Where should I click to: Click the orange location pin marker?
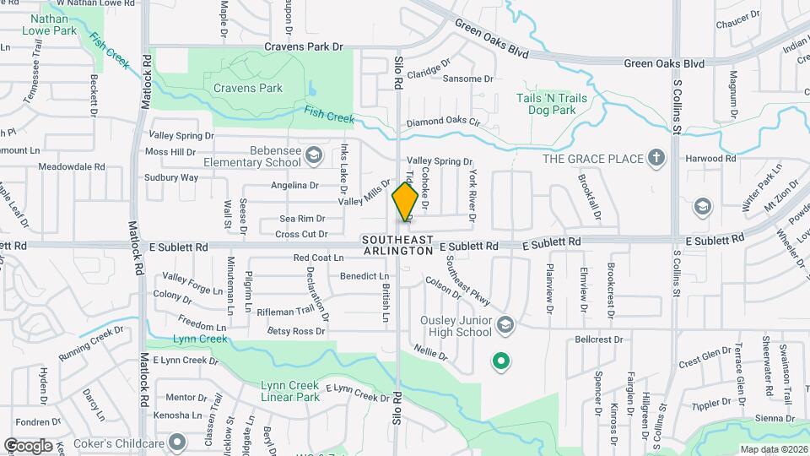(405, 203)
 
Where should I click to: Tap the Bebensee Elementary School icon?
(314, 155)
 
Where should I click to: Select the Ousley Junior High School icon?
(505, 325)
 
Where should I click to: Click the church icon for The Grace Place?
(656, 158)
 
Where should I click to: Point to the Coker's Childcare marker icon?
(176, 442)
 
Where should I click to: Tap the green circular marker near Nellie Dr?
(500, 362)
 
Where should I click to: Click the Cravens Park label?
(247, 87)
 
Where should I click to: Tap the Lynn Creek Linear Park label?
(290, 391)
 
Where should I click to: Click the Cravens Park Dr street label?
(305, 47)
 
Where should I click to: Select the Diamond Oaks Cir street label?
(443, 122)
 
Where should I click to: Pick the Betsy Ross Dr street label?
(296, 331)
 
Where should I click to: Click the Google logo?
(28, 445)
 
